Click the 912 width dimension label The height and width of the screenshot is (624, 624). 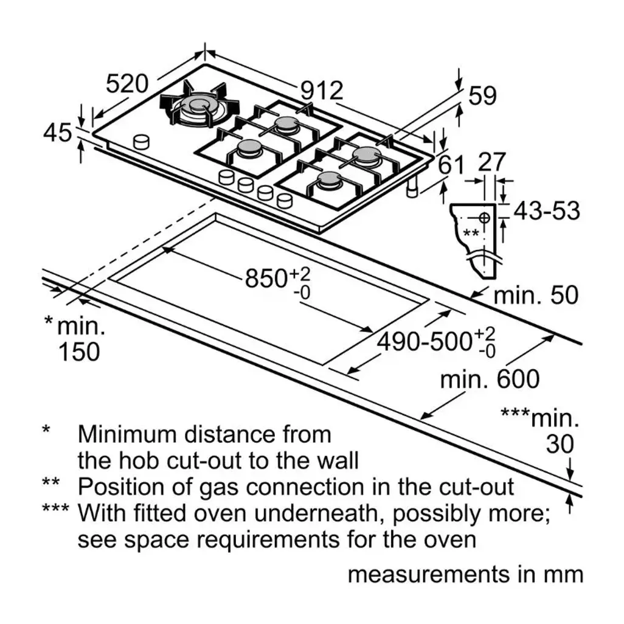(x=322, y=91)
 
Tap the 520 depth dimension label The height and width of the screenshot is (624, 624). (x=127, y=84)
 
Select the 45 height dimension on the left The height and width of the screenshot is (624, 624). (x=58, y=133)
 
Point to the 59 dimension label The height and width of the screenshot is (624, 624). (x=483, y=95)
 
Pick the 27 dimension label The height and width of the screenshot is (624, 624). (x=492, y=162)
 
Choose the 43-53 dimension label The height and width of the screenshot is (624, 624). (x=547, y=210)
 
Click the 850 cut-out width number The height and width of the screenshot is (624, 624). (x=266, y=278)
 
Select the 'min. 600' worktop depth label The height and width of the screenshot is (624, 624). (x=490, y=379)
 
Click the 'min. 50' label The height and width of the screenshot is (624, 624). (x=536, y=296)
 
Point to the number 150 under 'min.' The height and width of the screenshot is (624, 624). (x=79, y=352)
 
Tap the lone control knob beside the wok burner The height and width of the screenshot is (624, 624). (x=141, y=142)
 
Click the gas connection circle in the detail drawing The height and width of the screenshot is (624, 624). (x=484, y=218)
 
